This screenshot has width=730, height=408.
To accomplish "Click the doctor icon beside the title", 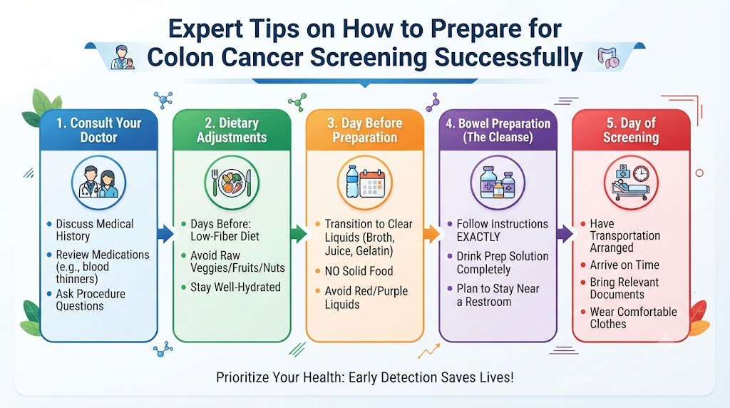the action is click(123, 57).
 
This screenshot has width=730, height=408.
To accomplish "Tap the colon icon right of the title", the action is click(608, 57).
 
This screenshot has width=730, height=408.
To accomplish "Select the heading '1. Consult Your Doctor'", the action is click(98, 130).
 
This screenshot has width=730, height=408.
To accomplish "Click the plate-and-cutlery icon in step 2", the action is click(232, 182).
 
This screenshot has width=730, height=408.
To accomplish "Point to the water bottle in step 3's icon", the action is click(352, 181).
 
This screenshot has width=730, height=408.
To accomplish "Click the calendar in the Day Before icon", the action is click(372, 183).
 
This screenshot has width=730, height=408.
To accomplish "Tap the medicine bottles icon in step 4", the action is click(498, 183).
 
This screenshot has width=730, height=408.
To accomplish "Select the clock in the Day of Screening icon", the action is click(641, 173).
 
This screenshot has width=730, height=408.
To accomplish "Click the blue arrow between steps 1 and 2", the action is click(165, 233).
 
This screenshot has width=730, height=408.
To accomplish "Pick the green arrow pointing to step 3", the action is click(299, 233).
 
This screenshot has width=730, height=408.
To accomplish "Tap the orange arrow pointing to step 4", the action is click(431, 233).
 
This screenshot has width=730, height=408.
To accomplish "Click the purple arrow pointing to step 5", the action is click(565, 233).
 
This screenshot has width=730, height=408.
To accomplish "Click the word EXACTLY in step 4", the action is click(478, 237).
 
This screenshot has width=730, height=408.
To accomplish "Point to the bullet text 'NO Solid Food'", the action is click(359, 271).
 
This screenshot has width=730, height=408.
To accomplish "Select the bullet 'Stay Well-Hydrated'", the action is click(235, 287).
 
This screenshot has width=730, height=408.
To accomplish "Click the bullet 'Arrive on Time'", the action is click(624, 265).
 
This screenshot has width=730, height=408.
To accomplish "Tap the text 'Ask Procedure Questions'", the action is click(91, 300).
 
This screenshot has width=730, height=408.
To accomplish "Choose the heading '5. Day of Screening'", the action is click(631, 130).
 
